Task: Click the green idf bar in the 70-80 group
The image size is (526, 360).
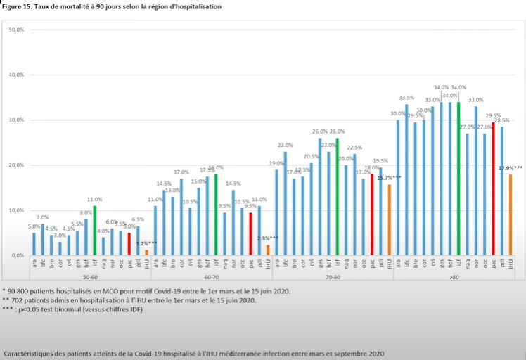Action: pos(337,196)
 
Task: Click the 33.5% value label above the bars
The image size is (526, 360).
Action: pos(406,98)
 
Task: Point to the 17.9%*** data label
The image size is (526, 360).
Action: pos(511,168)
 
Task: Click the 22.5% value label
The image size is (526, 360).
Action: pos(354,148)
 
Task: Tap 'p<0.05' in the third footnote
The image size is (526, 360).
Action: pos(28,310)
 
